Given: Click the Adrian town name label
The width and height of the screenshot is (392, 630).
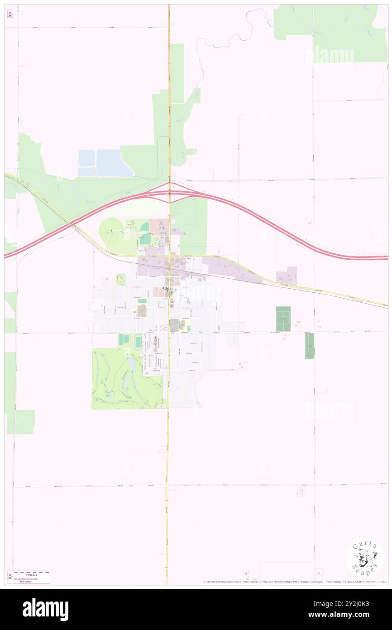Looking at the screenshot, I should pyautogui.click(x=168, y=288).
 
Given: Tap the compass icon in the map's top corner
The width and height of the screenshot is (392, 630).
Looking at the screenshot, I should pyautogui.click(x=10, y=14).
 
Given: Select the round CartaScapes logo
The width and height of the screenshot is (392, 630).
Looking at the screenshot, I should pyautogui.click(x=365, y=557).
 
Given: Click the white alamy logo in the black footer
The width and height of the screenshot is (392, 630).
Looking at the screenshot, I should pyautogui.click(x=45, y=610).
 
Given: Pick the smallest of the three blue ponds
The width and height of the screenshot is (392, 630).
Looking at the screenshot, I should pyautogui.click(x=86, y=172).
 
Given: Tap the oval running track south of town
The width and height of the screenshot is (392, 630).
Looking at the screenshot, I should pyautogui.click(x=138, y=341).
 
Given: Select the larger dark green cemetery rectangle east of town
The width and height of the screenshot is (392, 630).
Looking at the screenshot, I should pyautogui.click(x=283, y=319).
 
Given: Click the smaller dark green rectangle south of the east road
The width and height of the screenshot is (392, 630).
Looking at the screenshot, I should pyautogui.click(x=309, y=346).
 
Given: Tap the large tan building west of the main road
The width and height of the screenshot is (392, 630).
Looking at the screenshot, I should pyautogui.click(x=142, y=310).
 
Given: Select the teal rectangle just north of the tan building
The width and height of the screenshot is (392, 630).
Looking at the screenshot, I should pyautogui.click(x=142, y=300).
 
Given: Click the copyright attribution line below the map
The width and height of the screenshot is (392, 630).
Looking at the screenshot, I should pyautogui.click(x=295, y=582).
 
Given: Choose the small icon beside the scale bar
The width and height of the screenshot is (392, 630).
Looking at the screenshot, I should pyautogui.click(x=10, y=577).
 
